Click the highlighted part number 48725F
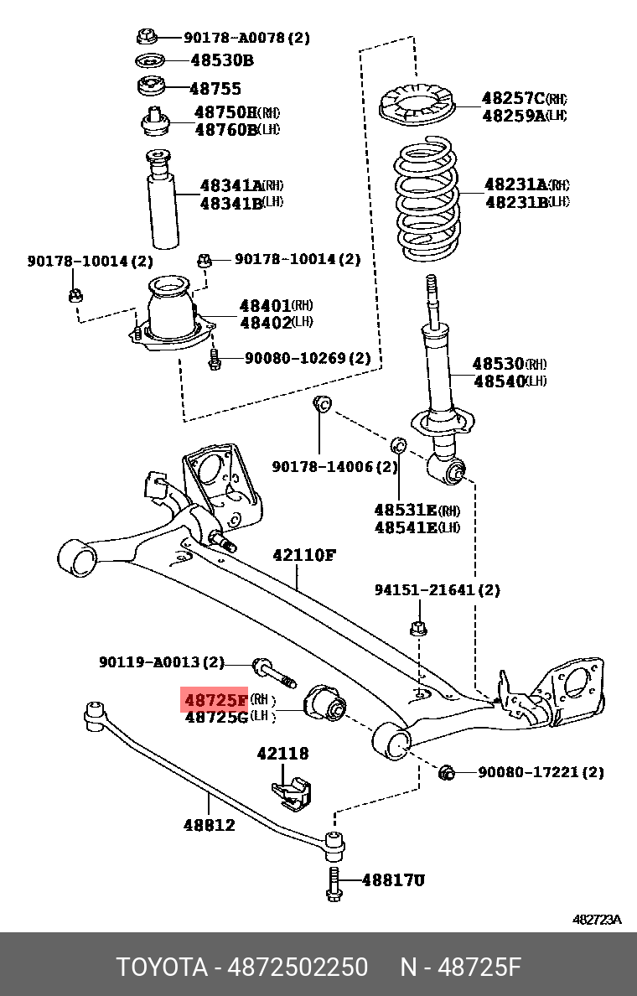(x=215, y=699)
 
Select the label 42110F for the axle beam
(x=303, y=555)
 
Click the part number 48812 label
(x=209, y=825)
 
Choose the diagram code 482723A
(x=597, y=920)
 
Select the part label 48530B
(x=221, y=60)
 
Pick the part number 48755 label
(x=215, y=88)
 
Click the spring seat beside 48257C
(x=417, y=106)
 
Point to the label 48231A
(x=515, y=184)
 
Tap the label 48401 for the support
(x=265, y=306)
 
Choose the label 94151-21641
(x=436, y=590)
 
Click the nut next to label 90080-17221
(x=446, y=772)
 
